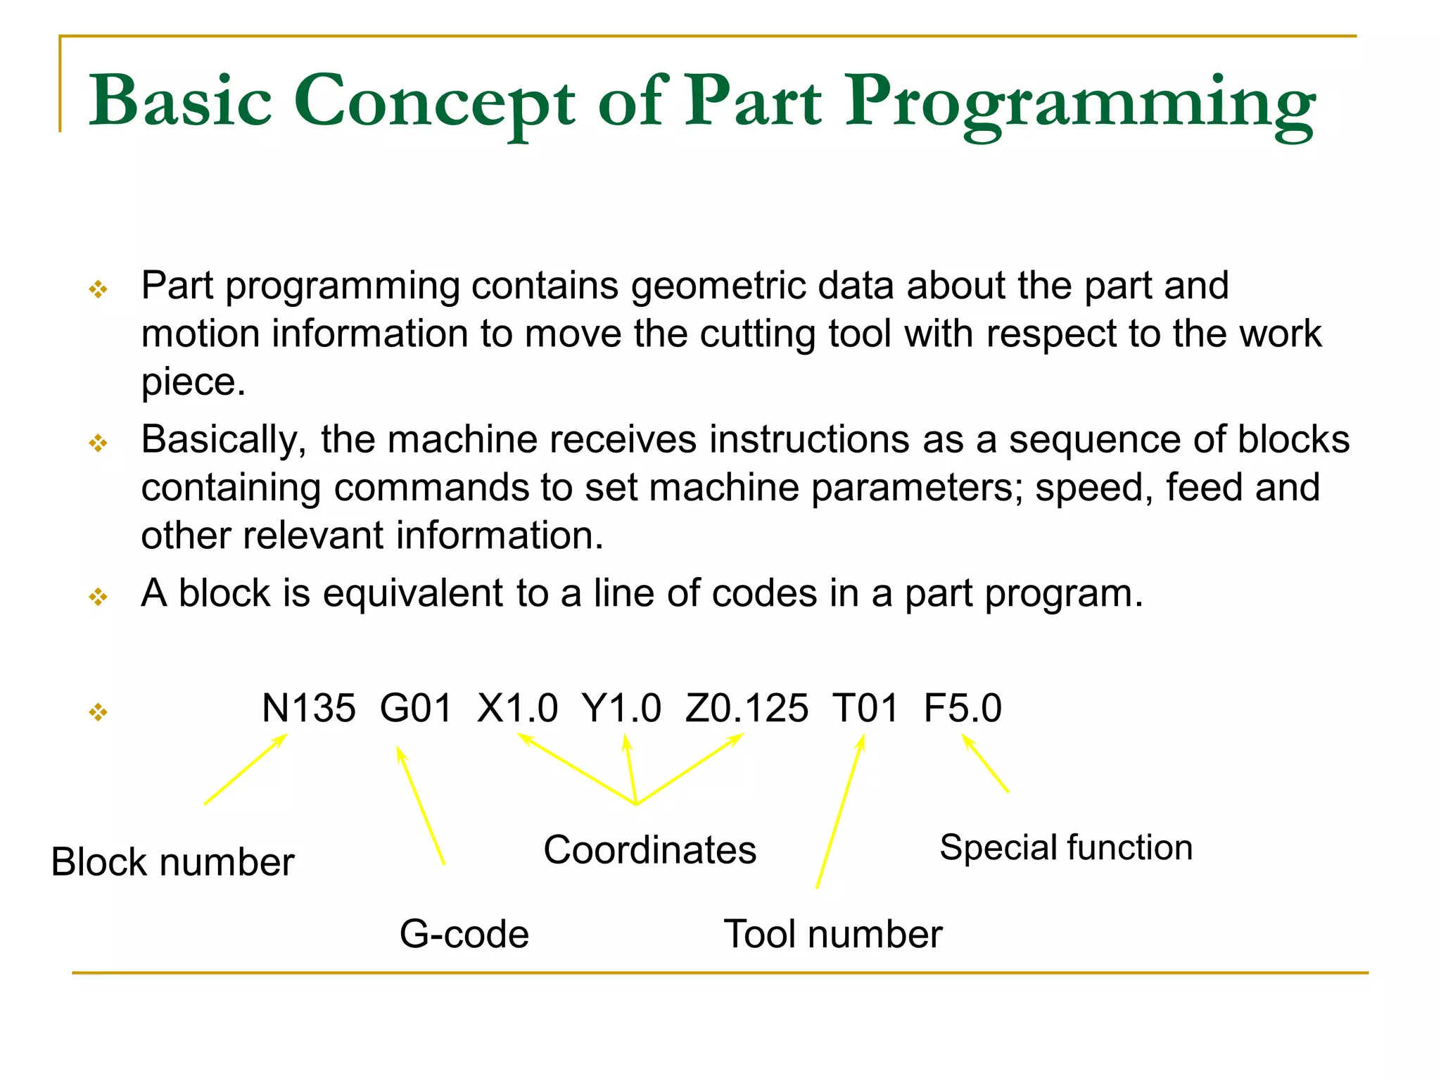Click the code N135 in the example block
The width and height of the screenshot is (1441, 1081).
click(x=308, y=708)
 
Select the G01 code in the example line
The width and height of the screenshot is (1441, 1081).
click(x=416, y=708)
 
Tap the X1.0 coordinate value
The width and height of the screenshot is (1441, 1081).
click(x=517, y=708)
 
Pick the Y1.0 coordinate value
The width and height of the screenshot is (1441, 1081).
click(x=621, y=708)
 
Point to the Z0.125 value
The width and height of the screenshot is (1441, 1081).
click(x=747, y=708)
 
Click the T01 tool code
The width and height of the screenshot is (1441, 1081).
click(x=865, y=708)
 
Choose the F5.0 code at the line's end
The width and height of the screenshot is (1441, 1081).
click(x=963, y=708)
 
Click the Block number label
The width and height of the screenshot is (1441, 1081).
click(x=172, y=862)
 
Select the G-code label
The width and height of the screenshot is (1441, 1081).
click(x=464, y=935)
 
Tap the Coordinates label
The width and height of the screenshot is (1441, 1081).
click(x=649, y=850)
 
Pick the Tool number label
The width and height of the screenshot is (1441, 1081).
click(x=832, y=935)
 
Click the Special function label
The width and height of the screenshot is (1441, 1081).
click(x=1066, y=847)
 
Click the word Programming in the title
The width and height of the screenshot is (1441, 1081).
click(x=1079, y=103)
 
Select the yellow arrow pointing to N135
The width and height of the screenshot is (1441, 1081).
click(x=246, y=769)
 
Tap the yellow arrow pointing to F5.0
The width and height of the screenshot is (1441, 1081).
click(x=985, y=764)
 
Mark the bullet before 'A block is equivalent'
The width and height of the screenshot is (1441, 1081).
click(x=99, y=598)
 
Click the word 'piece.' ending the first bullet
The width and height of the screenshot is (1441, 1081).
click(x=193, y=382)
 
